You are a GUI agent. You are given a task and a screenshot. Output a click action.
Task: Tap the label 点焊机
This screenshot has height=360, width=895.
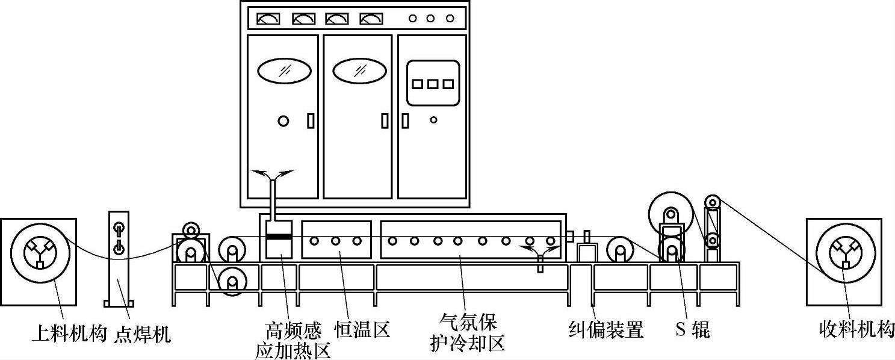click(142, 333)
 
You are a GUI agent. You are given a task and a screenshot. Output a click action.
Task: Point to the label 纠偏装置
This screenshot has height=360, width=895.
click(606, 329)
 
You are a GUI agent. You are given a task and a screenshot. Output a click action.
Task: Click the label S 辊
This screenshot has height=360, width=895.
click(692, 329)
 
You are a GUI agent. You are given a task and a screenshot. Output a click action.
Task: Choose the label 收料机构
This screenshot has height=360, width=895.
click(857, 329)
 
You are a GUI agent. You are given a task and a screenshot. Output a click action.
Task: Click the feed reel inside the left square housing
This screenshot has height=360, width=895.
click(39, 253)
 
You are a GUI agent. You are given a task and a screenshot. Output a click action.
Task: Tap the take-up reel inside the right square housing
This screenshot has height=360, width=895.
click(844, 253)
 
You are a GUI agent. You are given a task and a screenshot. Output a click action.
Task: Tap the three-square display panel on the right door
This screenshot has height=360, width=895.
click(432, 84)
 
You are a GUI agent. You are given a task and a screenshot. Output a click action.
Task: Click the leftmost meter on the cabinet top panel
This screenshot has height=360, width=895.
click(268, 19)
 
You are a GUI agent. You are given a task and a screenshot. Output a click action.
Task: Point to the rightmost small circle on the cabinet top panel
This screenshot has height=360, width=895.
click(450, 18)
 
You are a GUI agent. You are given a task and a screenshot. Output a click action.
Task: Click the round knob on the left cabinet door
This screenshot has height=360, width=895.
click(283, 121)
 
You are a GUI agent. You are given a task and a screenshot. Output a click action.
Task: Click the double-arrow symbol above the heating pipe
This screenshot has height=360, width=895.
click(273, 175)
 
